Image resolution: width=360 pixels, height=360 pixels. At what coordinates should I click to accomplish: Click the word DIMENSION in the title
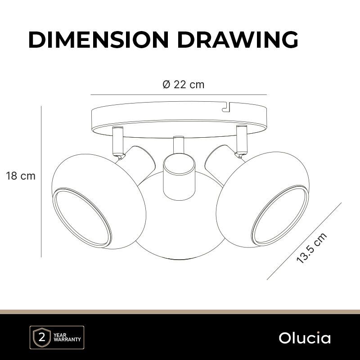99,40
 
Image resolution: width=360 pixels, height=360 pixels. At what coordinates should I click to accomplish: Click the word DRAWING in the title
238,40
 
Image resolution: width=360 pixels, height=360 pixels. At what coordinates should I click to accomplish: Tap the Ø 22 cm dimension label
184,85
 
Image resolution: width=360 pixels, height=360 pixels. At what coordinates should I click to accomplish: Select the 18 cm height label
21,176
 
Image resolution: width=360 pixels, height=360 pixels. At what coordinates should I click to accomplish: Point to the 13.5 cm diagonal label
311,248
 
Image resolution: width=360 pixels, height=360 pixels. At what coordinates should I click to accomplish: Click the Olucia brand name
305,338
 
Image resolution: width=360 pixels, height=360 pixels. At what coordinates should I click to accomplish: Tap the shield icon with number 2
42,337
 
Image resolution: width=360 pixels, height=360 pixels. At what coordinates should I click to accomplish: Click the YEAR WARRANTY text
67,337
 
